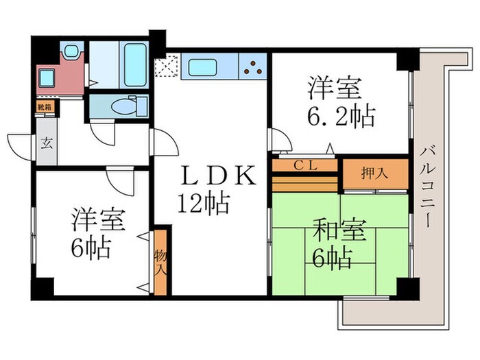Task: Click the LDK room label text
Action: [x=217, y=176]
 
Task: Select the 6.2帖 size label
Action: [x=340, y=116]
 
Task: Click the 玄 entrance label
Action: [x=47, y=144]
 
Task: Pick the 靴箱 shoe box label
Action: [x=45, y=107]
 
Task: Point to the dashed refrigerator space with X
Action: [x=166, y=67]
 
